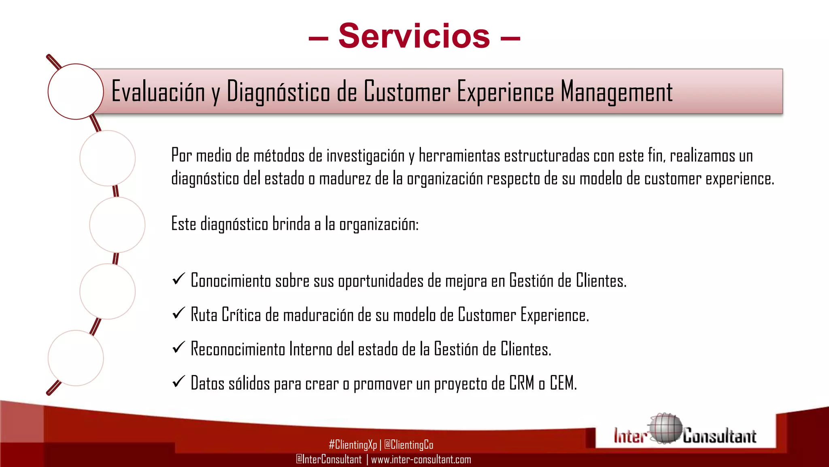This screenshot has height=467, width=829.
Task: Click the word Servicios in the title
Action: (x=414, y=36)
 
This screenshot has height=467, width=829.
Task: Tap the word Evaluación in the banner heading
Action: (x=158, y=92)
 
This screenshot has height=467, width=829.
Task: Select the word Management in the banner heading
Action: (x=616, y=92)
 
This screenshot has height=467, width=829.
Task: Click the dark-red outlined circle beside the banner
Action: (x=76, y=92)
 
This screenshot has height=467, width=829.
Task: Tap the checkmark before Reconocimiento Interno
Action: (x=179, y=347)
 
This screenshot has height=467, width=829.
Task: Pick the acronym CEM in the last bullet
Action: (x=563, y=383)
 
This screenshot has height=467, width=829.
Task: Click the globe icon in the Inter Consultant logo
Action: (x=665, y=429)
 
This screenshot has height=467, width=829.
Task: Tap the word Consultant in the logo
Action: (x=719, y=436)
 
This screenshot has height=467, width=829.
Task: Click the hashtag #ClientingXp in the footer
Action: (x=353, y=445)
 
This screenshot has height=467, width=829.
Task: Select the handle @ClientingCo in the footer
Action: (x=408, y=445)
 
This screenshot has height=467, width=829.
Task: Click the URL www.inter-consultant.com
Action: (x=421, y=460)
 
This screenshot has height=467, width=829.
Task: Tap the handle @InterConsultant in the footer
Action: (x=329, y=460)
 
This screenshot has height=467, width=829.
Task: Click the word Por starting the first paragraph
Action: (x=181, y=156)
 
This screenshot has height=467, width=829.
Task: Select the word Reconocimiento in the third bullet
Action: (x=238, y=349)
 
